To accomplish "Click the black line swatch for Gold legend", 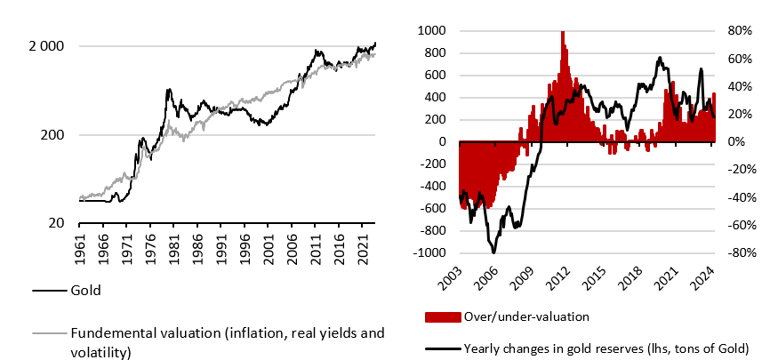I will (50, 291).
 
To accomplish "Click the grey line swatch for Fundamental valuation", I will (50, 332).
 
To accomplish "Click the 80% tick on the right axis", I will (740, 30).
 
